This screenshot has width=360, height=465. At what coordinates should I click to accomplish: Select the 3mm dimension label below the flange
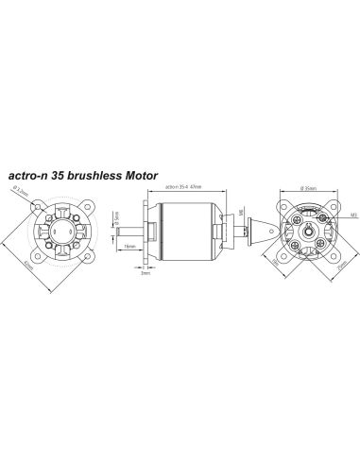tap(146, 284)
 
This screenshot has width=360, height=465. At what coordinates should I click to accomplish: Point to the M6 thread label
tap(241, 212)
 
